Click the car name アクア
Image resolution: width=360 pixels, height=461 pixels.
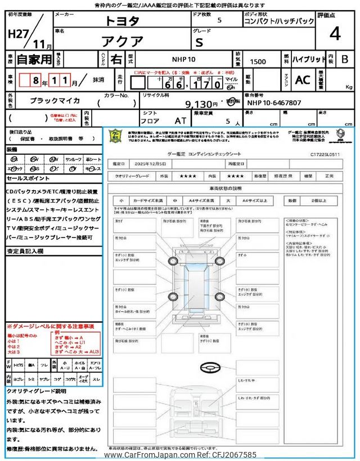pos(123,41)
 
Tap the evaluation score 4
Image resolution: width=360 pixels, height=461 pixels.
pos(335,34)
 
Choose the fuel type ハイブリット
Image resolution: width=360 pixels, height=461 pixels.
pos(309,59)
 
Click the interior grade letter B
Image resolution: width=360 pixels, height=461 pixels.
pos(345,59)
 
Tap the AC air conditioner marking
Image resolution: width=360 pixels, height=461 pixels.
pos(303,80)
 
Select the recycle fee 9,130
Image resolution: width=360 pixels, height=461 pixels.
pos(201,104)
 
